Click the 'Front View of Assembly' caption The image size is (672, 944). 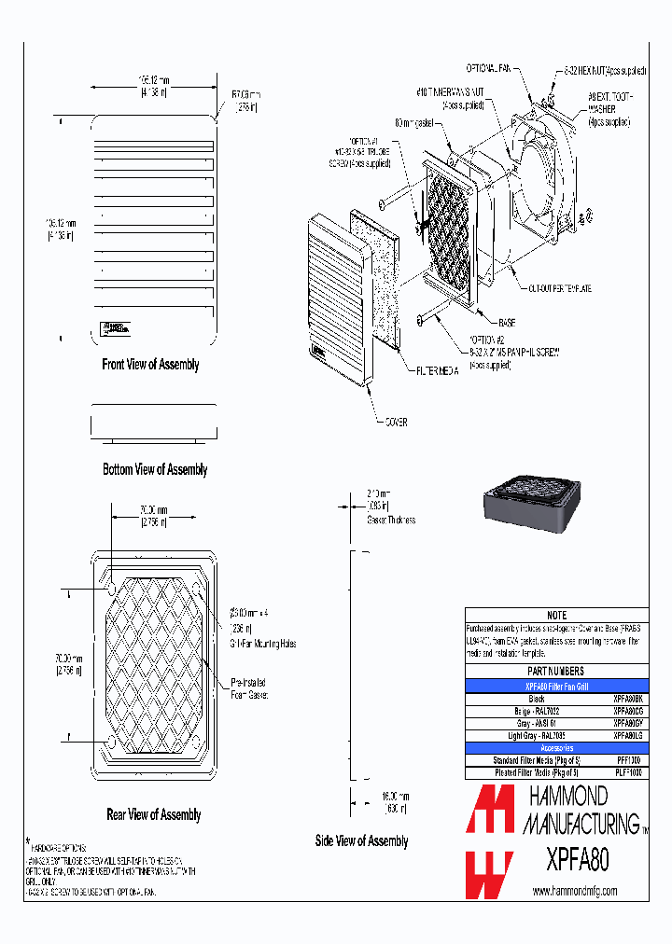pos(150,365)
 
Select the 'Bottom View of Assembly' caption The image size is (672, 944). pos(155,469)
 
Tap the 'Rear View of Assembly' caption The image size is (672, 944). pos(154,814)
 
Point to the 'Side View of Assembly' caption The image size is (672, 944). pos(361,840)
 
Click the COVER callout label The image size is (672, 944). pos(396,421)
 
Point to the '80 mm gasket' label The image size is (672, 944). pos(416,123)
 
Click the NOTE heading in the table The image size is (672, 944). pos(556,616)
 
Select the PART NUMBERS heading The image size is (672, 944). pos(556,671)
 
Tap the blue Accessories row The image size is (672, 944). pos(556,748)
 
